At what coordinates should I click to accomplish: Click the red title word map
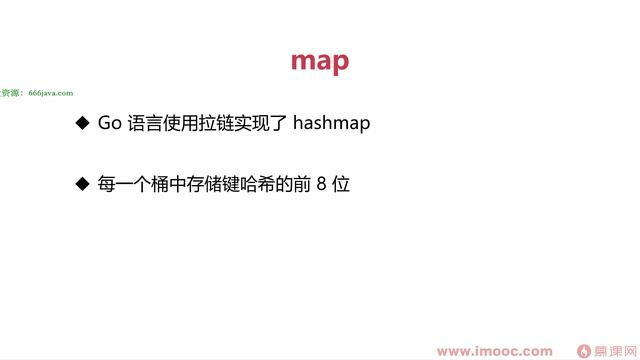pos(320,60)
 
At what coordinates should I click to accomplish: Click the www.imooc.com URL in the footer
pos(494,350)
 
